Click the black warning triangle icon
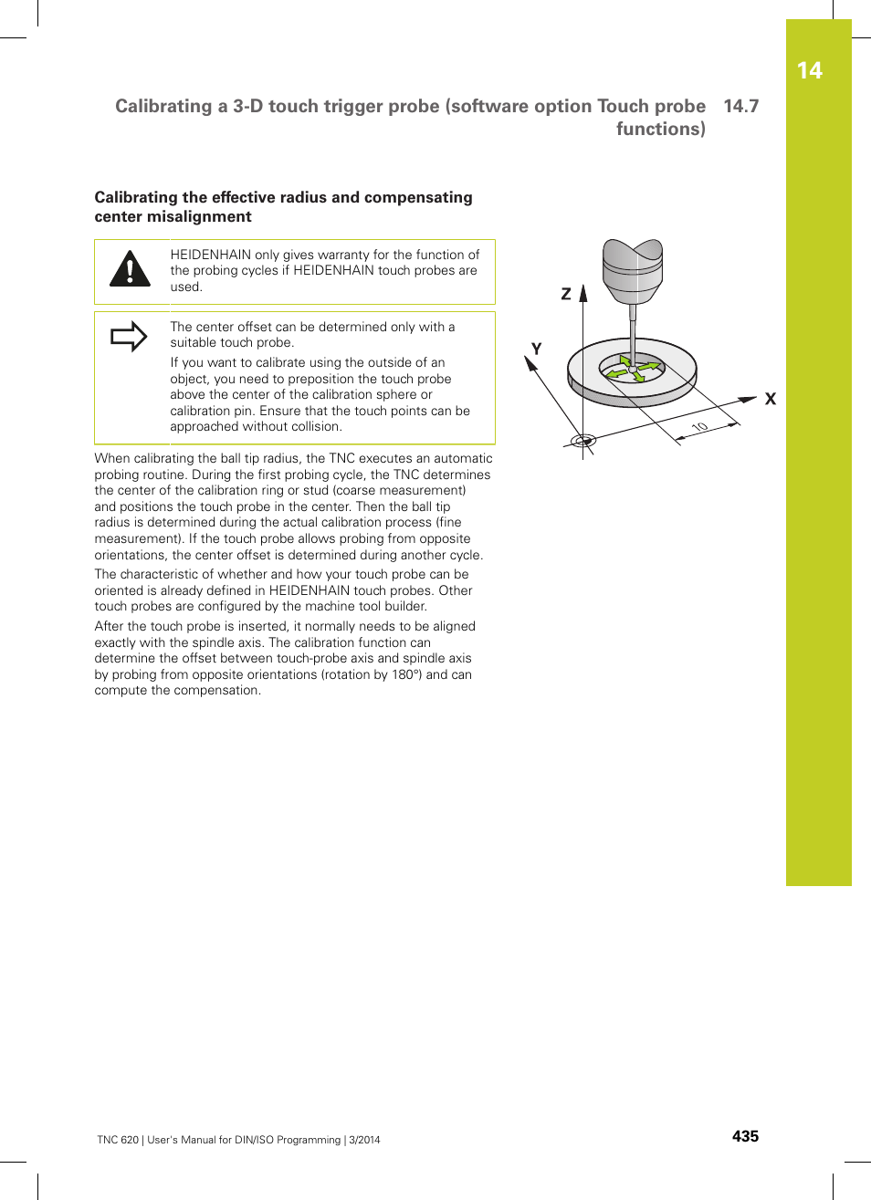130,268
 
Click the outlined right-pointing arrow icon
129,337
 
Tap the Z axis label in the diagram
566,294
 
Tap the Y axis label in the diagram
537,349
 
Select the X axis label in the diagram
771,399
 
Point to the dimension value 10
699,427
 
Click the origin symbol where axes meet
582,441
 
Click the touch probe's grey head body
632,271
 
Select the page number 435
745,1136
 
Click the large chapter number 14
809,71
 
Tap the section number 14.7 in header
740,106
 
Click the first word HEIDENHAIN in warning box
210,255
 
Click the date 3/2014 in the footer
364,1140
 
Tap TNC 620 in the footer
118,1140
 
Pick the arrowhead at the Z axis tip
583,293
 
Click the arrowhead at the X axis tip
748,399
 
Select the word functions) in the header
660,129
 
